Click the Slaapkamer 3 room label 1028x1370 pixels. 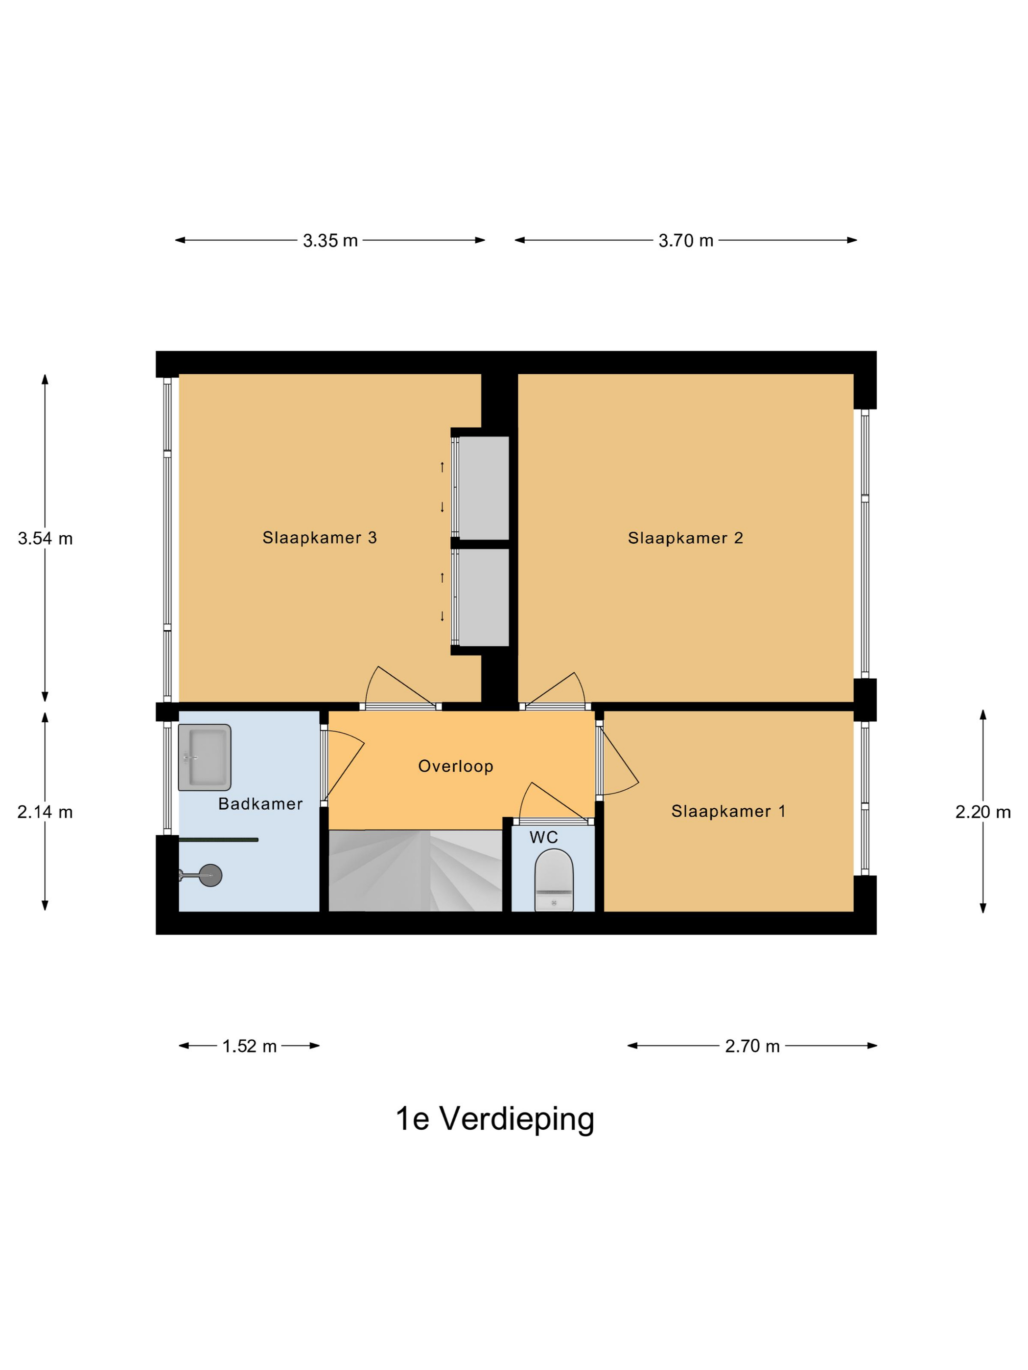point(319,538)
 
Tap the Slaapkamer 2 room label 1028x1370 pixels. point(685,538)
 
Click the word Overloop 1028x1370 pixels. point(455,766)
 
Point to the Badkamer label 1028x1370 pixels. point(260,804)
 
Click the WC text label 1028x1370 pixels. point(543,837)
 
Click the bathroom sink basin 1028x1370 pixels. point(205,757)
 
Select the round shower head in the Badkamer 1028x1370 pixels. point(210,875)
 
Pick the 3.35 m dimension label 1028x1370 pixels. point(330,241)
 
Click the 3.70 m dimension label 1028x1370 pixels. point(685,241)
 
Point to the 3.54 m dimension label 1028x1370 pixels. point(45,539)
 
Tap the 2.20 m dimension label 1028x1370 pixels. point(983,812)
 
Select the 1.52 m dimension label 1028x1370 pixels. point(249,1046)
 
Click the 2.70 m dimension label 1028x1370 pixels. point(752,1046)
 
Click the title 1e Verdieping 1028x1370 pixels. point(494,1119)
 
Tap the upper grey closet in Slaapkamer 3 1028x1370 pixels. point(483,487)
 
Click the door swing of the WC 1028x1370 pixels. point(545,802)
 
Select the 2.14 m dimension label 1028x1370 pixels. point(45,812)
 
